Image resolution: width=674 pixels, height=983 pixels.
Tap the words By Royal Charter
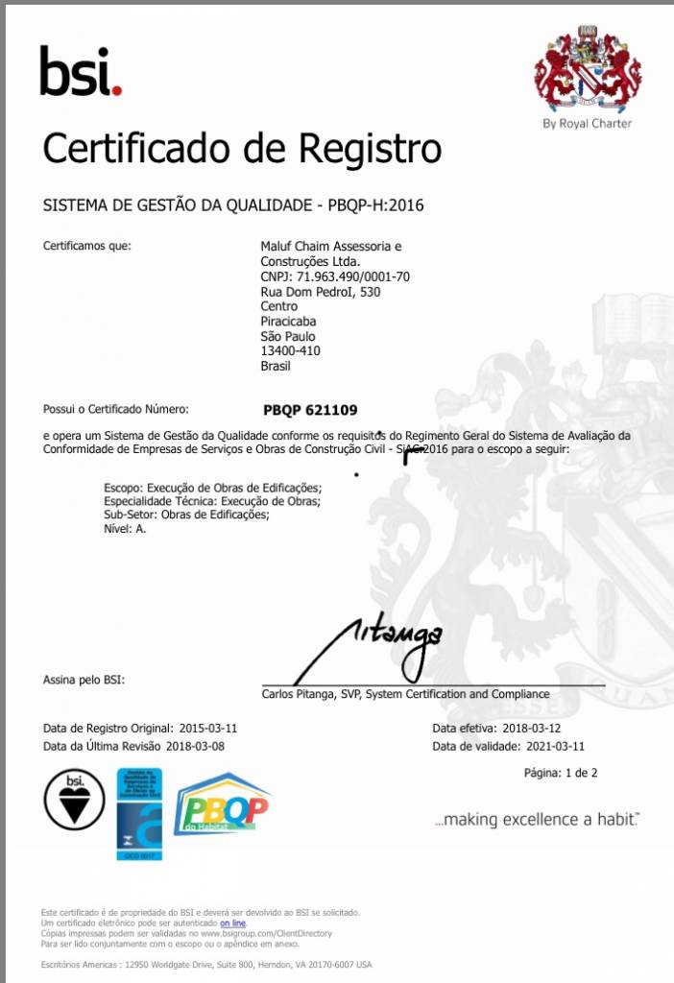click(587, 123)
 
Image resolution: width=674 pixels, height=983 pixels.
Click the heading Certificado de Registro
click(242, 149)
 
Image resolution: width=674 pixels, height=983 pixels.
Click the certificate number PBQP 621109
click(310, 410)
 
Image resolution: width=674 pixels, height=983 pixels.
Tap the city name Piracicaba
click(288, 322)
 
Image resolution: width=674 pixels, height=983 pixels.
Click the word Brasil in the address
click(276, 366)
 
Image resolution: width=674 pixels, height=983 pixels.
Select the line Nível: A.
click(125, 528)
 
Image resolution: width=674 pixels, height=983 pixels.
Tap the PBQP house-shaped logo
click(223, 804)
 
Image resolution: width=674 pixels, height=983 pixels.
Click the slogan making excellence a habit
click(536, 820)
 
